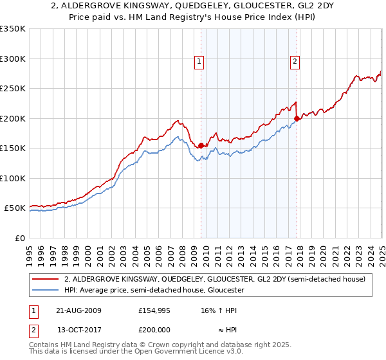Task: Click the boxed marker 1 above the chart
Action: click(x=199, y=62)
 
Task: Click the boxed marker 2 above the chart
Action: click(x=295, y=62)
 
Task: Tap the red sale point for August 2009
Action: click(x=201, y=145)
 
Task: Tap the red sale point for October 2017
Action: click(x=297, y=118)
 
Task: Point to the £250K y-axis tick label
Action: click(x=12, y=89)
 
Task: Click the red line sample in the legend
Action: click(x=46, y=280)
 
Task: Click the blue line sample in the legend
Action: click(x=46, y=291)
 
